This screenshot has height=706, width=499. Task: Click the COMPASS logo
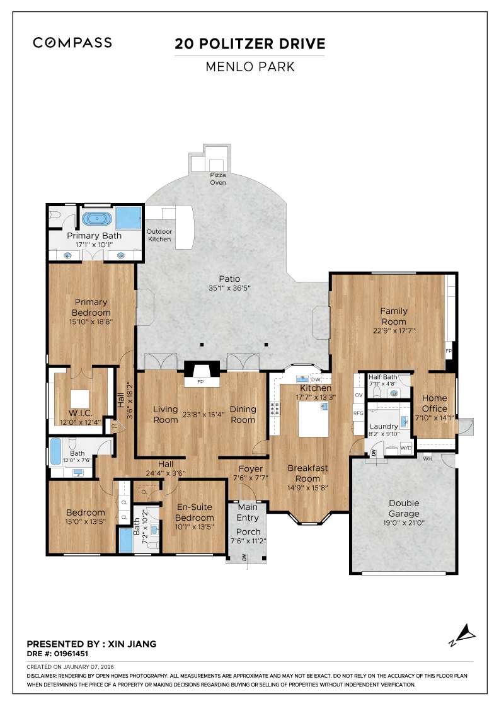(72, 43)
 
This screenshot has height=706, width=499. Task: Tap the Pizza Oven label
(218, 179)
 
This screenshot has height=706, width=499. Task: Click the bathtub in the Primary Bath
(97, 220)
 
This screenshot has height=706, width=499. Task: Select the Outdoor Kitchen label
(159, 235)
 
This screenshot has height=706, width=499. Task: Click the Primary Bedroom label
(92, 307)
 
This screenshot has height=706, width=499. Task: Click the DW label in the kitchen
(316, 379)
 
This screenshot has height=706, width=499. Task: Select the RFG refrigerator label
(358, 414)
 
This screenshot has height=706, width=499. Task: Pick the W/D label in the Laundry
(406, 448)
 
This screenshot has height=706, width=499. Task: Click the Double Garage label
(404, 508)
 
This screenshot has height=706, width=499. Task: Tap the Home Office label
(435, 403)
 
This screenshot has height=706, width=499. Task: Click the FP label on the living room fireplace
(201, 382)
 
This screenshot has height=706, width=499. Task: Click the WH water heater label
(427, 458)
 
